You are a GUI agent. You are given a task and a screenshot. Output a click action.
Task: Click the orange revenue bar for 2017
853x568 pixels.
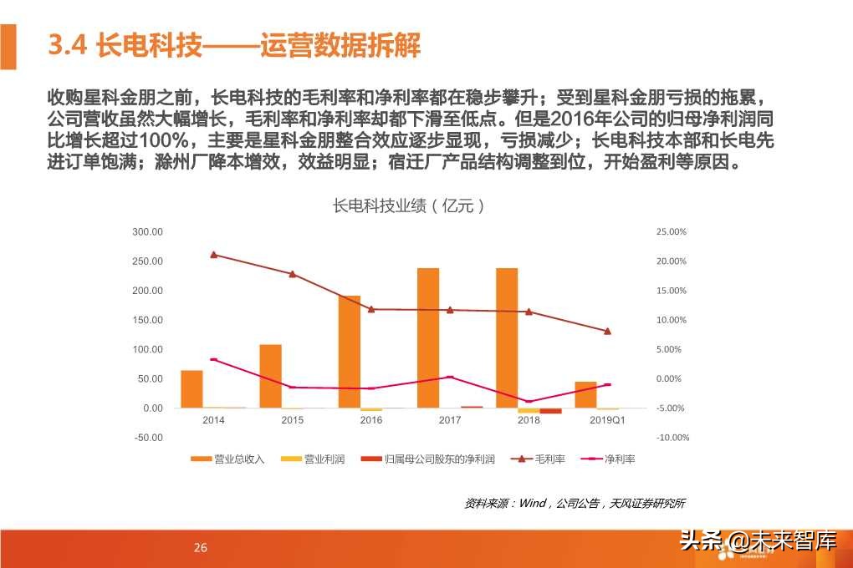(427, 337)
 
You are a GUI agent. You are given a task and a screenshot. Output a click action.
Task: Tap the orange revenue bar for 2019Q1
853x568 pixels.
(586, 394)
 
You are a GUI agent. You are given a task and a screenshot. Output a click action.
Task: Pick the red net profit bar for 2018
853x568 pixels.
(550, 411)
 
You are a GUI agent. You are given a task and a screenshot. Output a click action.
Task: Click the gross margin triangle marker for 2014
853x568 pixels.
(213, 255)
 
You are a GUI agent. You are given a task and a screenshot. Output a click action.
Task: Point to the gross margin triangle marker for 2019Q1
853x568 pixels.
(607, 331)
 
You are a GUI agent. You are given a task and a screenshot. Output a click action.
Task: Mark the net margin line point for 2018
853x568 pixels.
(529, 402)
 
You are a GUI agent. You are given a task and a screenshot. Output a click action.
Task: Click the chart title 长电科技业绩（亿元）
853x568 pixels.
(409, 205)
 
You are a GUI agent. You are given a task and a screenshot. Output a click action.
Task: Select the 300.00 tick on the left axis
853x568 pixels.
(148, 231)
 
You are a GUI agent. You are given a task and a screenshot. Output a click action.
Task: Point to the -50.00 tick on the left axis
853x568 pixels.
(148, 438)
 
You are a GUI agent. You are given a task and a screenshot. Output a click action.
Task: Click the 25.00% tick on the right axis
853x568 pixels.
(672, 231)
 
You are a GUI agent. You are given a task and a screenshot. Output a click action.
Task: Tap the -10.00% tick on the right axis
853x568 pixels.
(672, 438)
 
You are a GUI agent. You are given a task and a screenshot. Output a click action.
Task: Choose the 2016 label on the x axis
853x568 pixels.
(371, 420)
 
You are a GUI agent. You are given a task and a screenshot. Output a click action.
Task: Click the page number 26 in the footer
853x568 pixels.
(200, 548)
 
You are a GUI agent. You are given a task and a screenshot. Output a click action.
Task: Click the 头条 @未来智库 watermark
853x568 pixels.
(757, 541)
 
